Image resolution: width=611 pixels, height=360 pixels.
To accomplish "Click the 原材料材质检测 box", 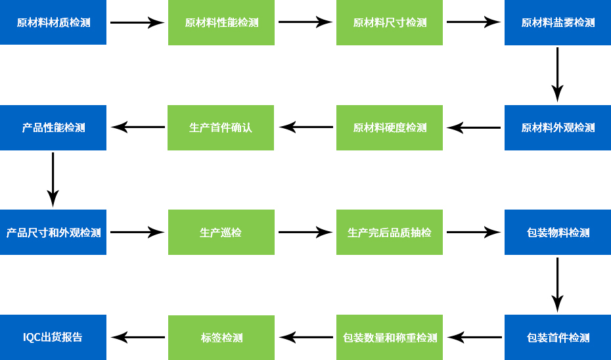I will point(53,22).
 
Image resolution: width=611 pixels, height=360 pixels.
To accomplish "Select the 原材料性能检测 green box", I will point(221,22).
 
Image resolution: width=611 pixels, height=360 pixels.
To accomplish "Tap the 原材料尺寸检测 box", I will point(390,22).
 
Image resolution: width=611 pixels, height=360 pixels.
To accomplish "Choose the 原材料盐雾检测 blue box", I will point(558,22).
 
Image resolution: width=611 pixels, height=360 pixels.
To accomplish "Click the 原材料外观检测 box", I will point(558,127).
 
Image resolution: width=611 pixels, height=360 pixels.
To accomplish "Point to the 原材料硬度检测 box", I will point(390,127).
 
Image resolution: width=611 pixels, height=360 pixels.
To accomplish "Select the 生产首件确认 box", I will point(221,127).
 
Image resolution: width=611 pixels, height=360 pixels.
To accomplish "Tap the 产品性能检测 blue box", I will point(53,127).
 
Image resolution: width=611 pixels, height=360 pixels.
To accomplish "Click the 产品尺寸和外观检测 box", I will point(53,233).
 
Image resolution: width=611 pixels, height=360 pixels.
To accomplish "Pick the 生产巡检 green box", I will point(221,233).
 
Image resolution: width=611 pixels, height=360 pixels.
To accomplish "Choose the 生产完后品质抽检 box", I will point(390,233).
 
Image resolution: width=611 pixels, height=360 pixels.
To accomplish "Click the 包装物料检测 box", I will point(558,233).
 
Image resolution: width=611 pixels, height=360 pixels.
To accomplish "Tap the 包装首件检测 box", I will point(558,338).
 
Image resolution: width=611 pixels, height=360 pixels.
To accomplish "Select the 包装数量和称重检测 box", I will point(390,338).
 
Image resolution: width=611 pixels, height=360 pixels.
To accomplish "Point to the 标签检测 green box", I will point(221,338).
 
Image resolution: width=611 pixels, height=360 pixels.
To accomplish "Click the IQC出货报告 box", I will point(53,338).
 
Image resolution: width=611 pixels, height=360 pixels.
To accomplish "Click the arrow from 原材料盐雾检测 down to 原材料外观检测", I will point(557,74).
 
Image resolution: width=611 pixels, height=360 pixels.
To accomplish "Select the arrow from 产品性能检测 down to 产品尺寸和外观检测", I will point(53,179).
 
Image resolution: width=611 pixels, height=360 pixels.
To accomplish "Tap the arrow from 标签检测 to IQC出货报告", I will point(138,338).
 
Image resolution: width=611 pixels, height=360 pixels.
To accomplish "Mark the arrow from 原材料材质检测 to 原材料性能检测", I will point(137,23).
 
